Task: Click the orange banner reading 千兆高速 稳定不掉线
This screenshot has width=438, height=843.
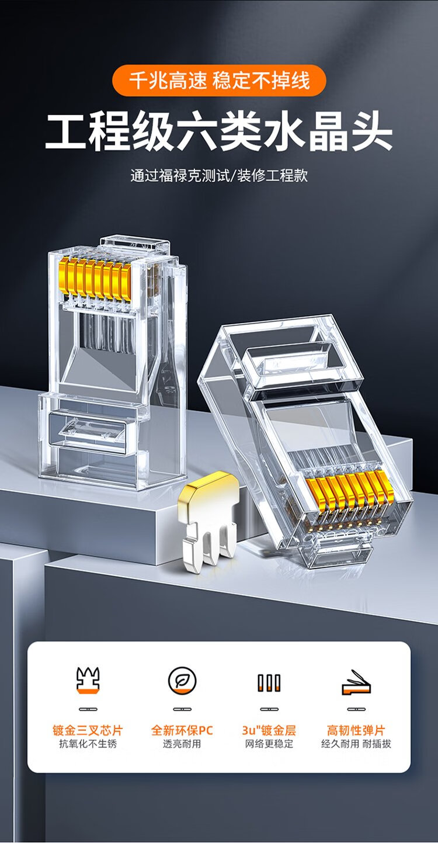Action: [x=219, y=80]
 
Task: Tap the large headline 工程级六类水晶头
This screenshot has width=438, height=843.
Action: [x=219, y=131]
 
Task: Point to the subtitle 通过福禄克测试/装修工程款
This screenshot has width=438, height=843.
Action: [x=219, y=175]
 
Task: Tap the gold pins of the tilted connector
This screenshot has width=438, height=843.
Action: [x=350, y=494]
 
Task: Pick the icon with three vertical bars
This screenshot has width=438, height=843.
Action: [x=269, y=682]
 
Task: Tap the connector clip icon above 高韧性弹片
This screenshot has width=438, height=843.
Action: [x=356, y=682]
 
